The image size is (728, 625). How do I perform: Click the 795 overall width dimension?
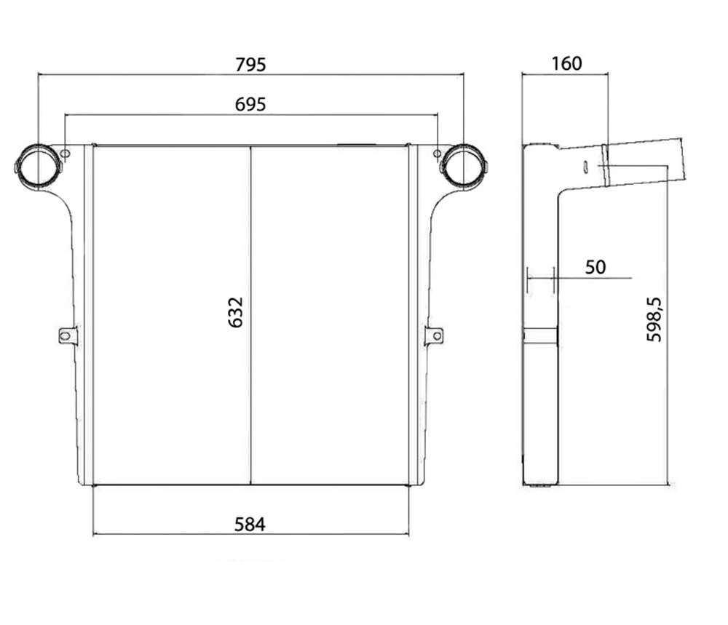click(250, 65)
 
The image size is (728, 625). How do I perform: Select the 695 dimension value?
click(250, 104)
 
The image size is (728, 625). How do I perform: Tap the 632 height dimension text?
click(236, 312)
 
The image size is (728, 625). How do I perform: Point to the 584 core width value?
click(250, 525)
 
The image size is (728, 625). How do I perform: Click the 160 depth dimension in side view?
click(566, 63)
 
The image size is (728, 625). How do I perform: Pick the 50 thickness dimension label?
click(596, 267)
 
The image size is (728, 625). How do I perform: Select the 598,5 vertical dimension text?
click(654, 319)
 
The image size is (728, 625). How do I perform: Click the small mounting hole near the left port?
click(66, 154)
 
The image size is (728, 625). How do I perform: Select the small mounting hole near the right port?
click(437, 154)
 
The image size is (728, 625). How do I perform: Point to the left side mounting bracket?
click(67, 335)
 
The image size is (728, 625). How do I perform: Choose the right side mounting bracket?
click(434, 335)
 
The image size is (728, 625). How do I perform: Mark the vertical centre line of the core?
click(250, 316)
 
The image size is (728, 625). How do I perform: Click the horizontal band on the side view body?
click(540, 336)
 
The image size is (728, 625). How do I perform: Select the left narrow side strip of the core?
click(89, 316)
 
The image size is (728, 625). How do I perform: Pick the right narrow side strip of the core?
click(414, 316)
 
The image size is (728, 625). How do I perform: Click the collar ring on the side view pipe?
click(606, 164)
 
